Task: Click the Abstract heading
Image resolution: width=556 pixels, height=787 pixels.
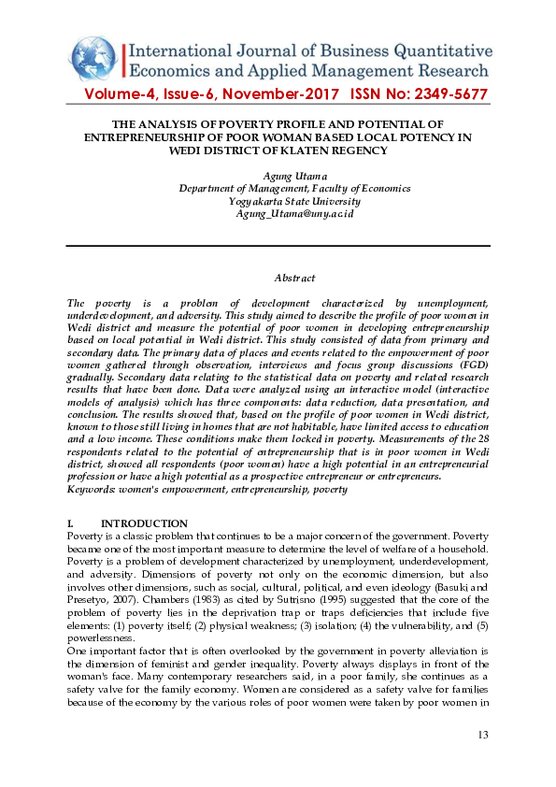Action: pyautogui.click(x=294, y=278)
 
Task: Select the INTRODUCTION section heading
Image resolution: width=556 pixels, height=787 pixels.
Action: pyautogui.click(x=144, y=523)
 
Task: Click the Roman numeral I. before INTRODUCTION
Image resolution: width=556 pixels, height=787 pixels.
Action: pyautogui.click(x=73, y=523)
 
